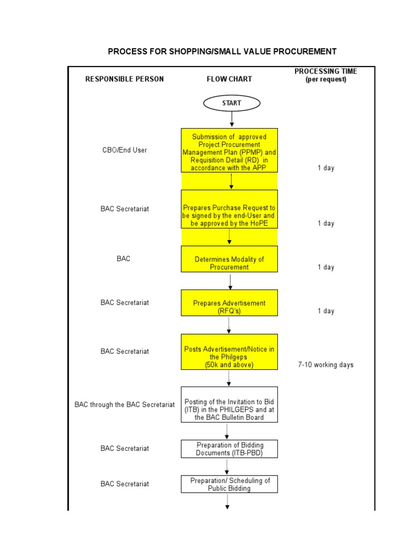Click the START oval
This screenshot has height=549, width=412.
coord(232,103)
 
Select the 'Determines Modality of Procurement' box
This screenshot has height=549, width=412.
coord(229,263)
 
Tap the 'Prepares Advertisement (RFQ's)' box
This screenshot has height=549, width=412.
coord(229,307)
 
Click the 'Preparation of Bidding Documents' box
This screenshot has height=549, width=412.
coord(229,449)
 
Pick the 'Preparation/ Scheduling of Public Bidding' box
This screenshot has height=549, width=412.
coord(229,484)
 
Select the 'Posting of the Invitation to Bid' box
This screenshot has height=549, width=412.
coord(229,409)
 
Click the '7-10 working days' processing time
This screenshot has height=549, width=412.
coord(326,365)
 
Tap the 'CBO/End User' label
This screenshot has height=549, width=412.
coord(124,150)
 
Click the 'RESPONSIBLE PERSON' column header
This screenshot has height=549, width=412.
coord(124,79)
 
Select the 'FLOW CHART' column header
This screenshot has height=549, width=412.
coord(229,79)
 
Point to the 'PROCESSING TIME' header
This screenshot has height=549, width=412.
coord(326,71)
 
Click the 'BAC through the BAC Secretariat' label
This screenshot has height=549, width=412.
coord(124,405)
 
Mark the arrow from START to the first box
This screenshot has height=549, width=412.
coord(232,120)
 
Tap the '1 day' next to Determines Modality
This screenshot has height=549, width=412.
coord(326,267)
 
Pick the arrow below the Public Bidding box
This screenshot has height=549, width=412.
coord(227,501)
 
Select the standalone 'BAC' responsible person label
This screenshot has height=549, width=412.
coord(123,258)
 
